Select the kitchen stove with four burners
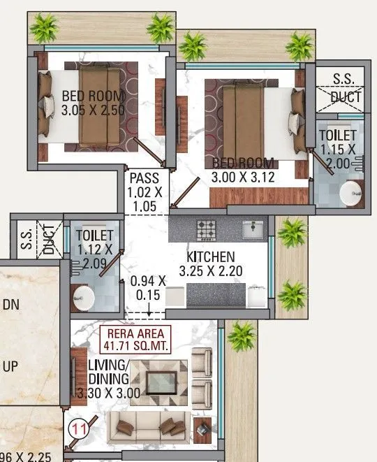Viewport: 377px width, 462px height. click(207, 229)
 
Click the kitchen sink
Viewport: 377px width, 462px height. click(253, 228)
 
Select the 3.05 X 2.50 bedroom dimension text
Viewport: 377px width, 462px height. click(92, 110)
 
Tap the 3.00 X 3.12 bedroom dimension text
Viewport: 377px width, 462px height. click(243, 178)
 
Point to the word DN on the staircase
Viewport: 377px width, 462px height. click(11, 304)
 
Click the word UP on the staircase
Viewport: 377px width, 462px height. click(11, 367)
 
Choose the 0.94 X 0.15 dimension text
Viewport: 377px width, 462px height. click(148, 288)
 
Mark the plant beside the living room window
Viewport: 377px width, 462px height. click(242, 334)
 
